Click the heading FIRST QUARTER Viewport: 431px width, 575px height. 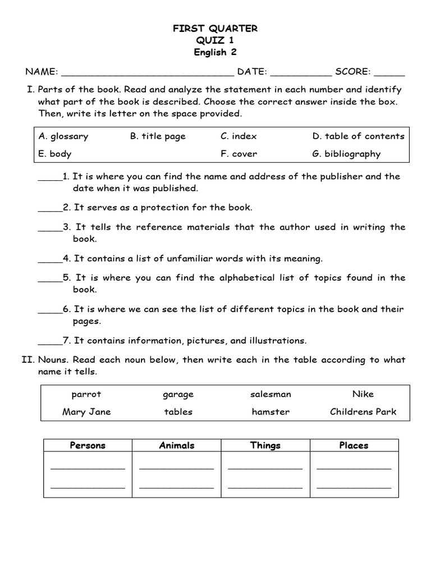point(215,29)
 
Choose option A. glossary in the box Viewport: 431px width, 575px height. point(63,136)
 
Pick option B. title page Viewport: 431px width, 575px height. point(158,136)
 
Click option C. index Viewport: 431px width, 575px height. point(239,136)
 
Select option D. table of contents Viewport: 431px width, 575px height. point(358,136)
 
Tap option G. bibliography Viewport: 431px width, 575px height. point(346,154)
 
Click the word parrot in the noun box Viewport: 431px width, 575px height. point(86,394)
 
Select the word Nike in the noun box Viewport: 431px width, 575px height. point(363,394)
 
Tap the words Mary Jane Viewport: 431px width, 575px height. point(86,412)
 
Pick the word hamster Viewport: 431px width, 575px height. point(270,412)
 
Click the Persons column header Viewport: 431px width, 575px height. point(88,445)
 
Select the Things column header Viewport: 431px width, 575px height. point(265,445)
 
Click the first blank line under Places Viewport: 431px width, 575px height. point(354,468)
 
